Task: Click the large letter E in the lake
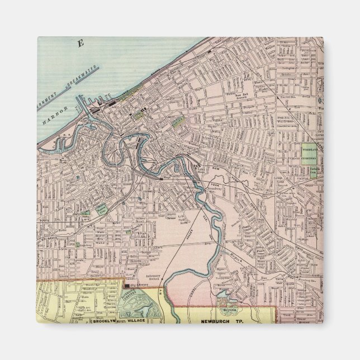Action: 80,44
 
